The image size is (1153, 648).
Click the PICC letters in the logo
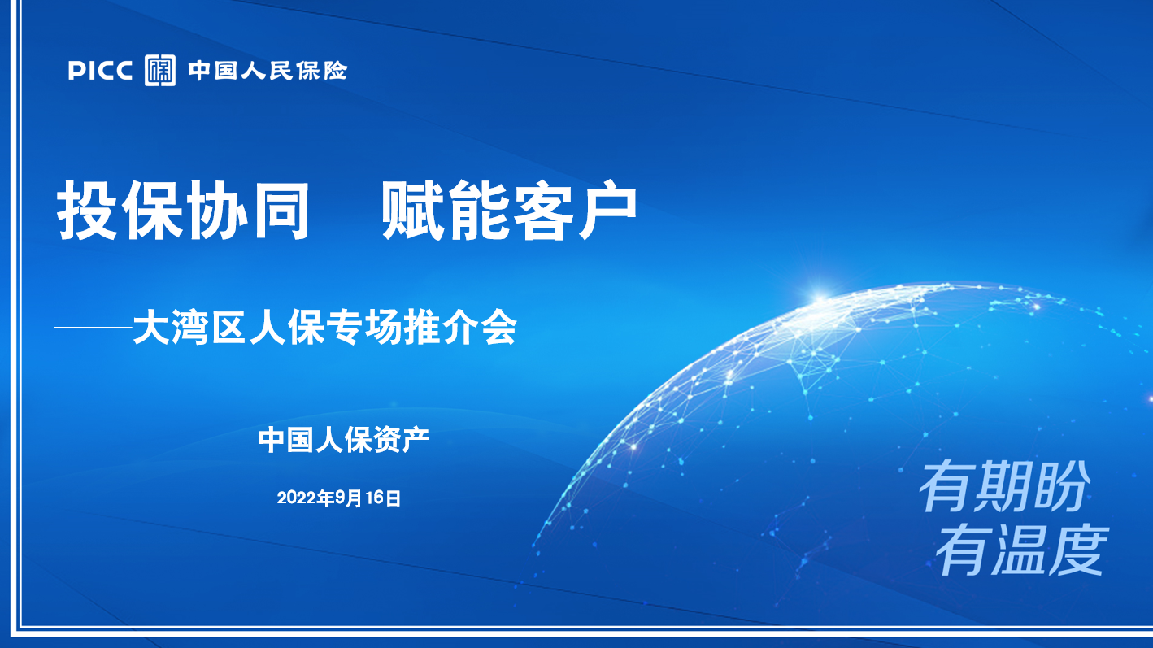pyautogui.click(x=100, y=71)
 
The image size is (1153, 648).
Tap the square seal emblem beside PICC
pyautogui.click(x=159, y=70)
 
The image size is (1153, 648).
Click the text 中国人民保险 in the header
pyautogui.click(x=268, y=71)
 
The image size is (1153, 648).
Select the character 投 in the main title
pyautogui.click(x=87, y=210)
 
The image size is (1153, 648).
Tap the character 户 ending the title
pyautogui.click(x=607, y=210)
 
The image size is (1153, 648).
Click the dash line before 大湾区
pyautogui.click(x=94, y=327)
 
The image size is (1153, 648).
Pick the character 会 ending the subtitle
pyautogui.click(x=498, y=328)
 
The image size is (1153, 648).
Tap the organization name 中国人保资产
pyautogui.click(x=344, y=440)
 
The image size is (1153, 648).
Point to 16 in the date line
pyautogui.click(x=375, y=498)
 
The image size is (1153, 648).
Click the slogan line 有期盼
pyautogui.click(x=1004, y=487)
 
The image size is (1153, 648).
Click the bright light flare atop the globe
pyautogui.click(x=820, y=297)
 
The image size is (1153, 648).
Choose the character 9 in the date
pyautogui.click(x=340, y=498)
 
